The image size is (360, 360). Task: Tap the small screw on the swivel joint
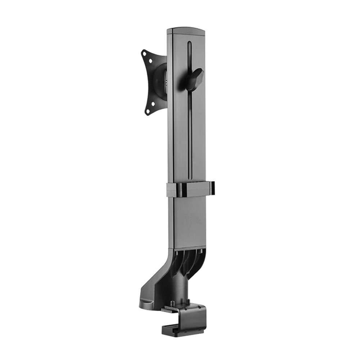(x=166, y=82)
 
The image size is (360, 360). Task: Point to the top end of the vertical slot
(x=189, y=44)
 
